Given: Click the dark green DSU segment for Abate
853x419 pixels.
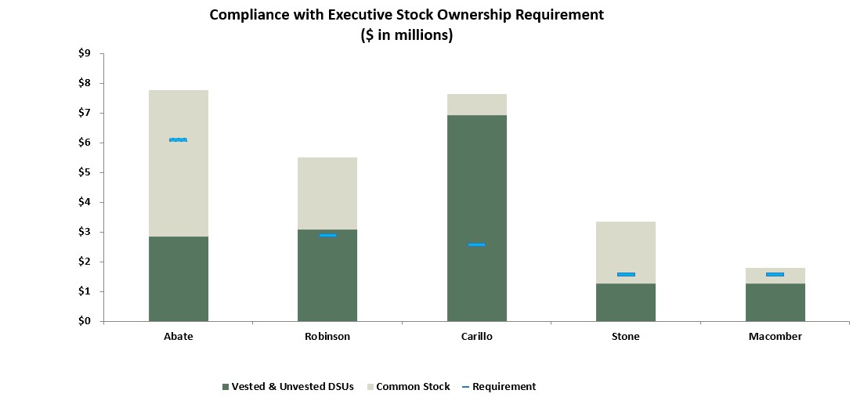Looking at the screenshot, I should [x=179, y=278].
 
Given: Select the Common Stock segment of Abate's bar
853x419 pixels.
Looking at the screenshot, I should [x=179, y=188].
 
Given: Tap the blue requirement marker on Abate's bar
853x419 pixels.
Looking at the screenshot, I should [x=179, y=139].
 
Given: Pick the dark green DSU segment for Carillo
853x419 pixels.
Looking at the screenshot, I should [x=477, y=180].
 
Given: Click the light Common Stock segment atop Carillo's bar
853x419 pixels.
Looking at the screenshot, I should [x=477, y=104].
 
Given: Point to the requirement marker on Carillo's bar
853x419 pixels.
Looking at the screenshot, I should [x=477, y=244].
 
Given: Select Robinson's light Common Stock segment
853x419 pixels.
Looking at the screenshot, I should [x=327, y=193].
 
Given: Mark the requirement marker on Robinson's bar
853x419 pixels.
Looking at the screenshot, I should [x=327, y=235].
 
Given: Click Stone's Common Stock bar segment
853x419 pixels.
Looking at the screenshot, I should [x=626, y=247].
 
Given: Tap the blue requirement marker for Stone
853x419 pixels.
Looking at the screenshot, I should [x=626, y=274].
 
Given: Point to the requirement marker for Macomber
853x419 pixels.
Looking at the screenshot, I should [x=775, y=274].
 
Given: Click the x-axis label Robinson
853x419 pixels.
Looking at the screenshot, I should [x=327, y=337].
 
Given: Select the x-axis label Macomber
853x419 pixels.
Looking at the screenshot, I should [x=775, y=337].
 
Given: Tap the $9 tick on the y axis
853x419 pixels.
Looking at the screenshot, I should [x=85, y=53].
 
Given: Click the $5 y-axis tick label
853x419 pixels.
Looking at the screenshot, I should [x=85, y=172].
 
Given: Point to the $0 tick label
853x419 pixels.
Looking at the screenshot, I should [x=85, y=321].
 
